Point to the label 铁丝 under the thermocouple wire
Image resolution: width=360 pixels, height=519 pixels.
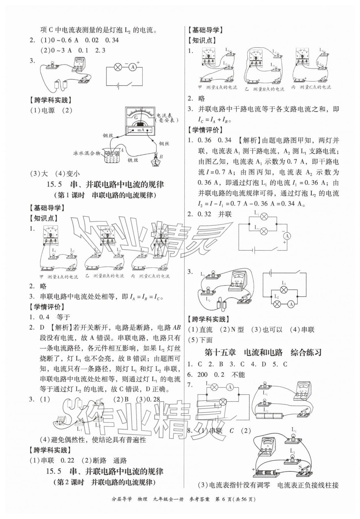pos(132,161)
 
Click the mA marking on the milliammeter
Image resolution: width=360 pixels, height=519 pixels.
pos(140,130)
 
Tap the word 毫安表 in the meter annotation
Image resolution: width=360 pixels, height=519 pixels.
pos(166,120)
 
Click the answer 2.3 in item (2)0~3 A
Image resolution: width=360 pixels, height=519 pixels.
pos(100,50)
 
